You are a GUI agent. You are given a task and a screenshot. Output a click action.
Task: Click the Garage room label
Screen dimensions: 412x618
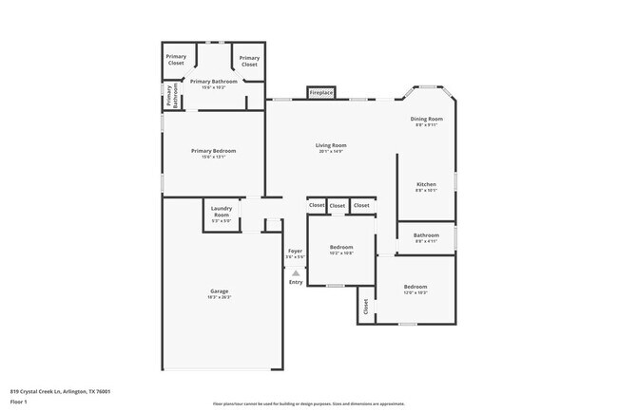pyautogui.click(x=219, y=290)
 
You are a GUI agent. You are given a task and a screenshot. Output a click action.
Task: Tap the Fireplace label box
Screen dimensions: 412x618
pyautogui.click(x=321, y=92)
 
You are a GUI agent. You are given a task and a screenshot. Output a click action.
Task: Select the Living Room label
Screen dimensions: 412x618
pyautogui.click(x=331, y=145)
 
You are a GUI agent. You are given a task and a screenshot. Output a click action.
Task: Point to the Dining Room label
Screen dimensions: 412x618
pyautogui.click(x=427, y=119)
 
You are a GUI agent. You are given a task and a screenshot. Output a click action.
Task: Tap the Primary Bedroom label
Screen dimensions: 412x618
pyautogui.click(x=213, y=151)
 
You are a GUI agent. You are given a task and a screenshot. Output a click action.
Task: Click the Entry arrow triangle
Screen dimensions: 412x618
pyautogui.click(x=296, y=273)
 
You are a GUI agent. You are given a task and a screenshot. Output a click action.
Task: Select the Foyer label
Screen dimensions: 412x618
pyautogui.click(x=295, y=252)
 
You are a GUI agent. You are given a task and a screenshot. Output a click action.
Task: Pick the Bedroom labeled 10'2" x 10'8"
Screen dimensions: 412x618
pyautogui.click(x=340, y=247)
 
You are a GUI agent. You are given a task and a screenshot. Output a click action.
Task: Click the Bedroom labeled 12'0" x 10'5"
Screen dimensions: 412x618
pyautogui.click(x=415, y=287)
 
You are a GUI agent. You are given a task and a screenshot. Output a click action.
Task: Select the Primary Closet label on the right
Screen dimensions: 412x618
pyautogui.click(x=249, y=60)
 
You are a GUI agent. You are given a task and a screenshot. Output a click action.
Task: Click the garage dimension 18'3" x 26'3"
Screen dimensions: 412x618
pyautogui.click(x=219, y=297)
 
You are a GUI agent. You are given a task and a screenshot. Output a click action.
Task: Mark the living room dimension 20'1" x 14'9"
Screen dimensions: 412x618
pyautogui.click(x=331, y=152)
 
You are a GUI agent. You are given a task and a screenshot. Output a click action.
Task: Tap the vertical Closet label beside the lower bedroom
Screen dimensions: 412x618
pyautogui.click(x=366, y=307)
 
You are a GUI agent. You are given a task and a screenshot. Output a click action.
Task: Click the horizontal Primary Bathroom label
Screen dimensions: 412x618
pyautogui.click(x=213, y=82)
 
